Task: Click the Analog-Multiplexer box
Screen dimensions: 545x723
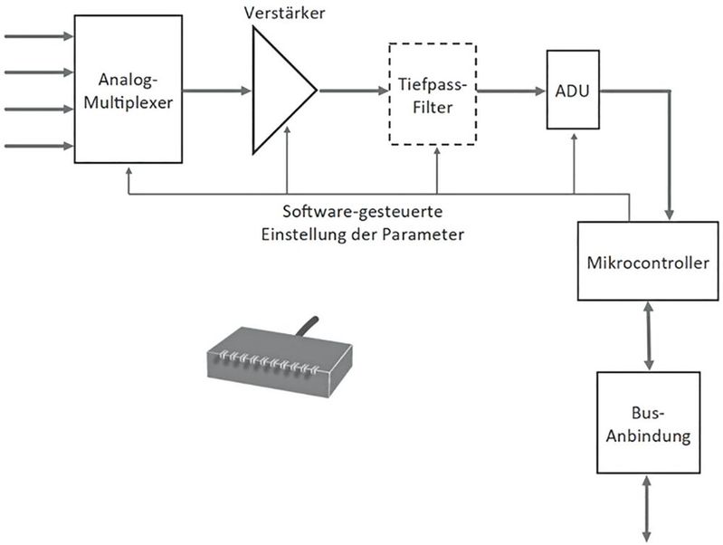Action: (x=135, y=91)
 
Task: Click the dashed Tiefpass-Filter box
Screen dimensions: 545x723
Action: (x=433, y=92)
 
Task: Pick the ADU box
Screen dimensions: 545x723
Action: (x=573, y=91)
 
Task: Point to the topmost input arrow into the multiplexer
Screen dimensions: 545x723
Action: (x=40, y=37)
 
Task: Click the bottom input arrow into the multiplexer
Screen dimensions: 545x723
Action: (x=40, y=145)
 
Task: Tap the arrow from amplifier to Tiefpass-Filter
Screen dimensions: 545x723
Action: (x=353, y=91)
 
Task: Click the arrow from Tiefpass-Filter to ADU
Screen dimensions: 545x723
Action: (x=511, y=91)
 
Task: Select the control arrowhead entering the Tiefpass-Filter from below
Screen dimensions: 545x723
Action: (x=437, y=150)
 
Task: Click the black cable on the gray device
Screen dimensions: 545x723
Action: (x=306, y=326)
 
